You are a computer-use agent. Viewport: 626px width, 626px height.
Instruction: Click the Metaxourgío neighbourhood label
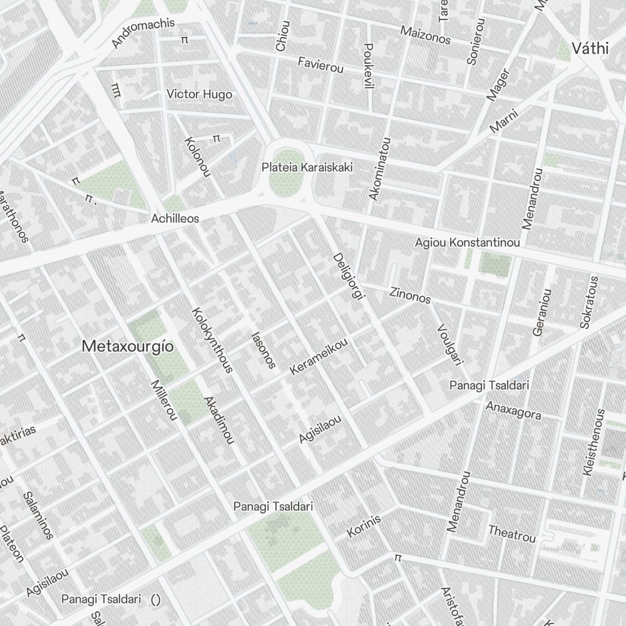point(127,346)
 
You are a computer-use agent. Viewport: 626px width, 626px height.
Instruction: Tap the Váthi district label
point(590,48)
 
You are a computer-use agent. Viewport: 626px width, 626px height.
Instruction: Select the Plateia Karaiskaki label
point(307,168)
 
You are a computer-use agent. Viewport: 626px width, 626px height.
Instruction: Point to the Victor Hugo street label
point(199,95)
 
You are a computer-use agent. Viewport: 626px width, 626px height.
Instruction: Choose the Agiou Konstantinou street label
point(468,242)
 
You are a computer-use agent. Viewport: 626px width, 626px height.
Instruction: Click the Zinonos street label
point(410,295)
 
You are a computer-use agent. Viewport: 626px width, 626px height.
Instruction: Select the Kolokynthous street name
point(210,339)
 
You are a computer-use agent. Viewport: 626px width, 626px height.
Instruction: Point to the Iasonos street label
point(262,349)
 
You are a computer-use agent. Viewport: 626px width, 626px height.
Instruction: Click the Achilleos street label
point(175,218)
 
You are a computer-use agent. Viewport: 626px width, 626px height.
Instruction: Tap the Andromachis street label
point(143,33)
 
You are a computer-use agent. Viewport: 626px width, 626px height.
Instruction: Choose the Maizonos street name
point(426,35)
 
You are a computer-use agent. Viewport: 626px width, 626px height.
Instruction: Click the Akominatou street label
point(380,169)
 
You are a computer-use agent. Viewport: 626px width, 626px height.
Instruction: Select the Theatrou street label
point(512,534)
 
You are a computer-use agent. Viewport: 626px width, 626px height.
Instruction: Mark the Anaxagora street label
point(513,410)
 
